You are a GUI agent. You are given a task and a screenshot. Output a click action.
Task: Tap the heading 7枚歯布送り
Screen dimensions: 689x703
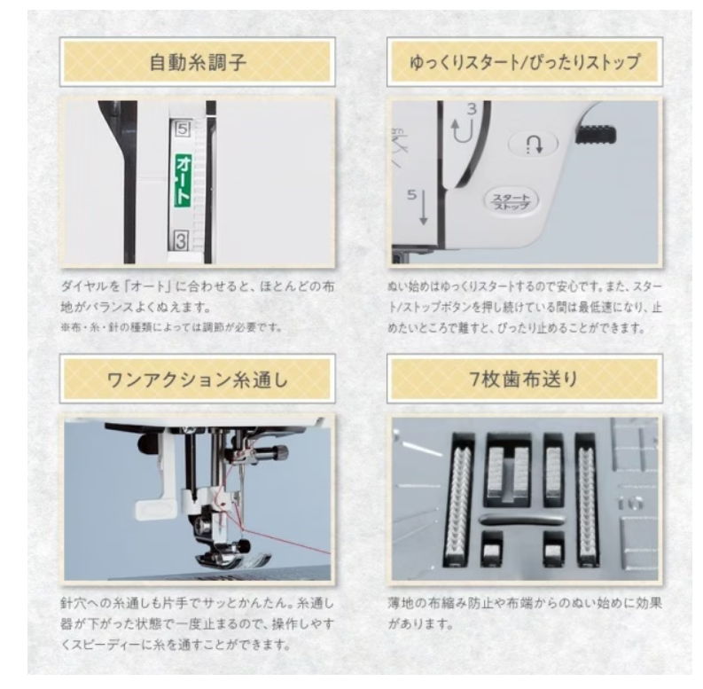coord(526,379)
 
